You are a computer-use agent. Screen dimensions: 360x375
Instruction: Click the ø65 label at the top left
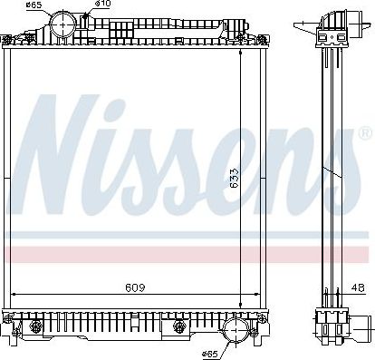click(33, 5)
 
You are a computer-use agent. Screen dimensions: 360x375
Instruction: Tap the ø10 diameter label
click(104, 5)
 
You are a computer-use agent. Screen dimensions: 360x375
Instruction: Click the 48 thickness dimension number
click(360, 287)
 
